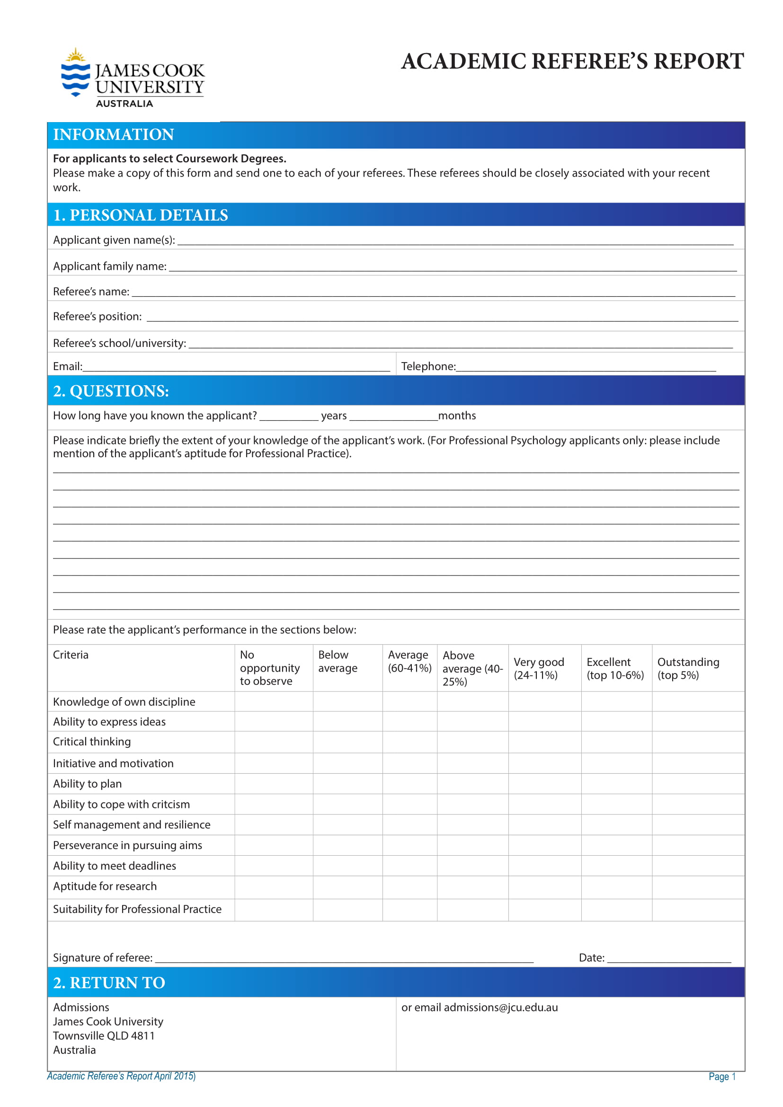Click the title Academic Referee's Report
click(572, 62)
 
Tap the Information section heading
click(113, 134)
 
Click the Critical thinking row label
click(92, 742)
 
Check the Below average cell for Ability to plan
click(347, 783)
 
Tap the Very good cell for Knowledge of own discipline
click(544, 701)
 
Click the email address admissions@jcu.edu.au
click(500, 1008)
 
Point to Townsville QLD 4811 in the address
click(104, 1036)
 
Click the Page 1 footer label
click(722, 1077)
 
